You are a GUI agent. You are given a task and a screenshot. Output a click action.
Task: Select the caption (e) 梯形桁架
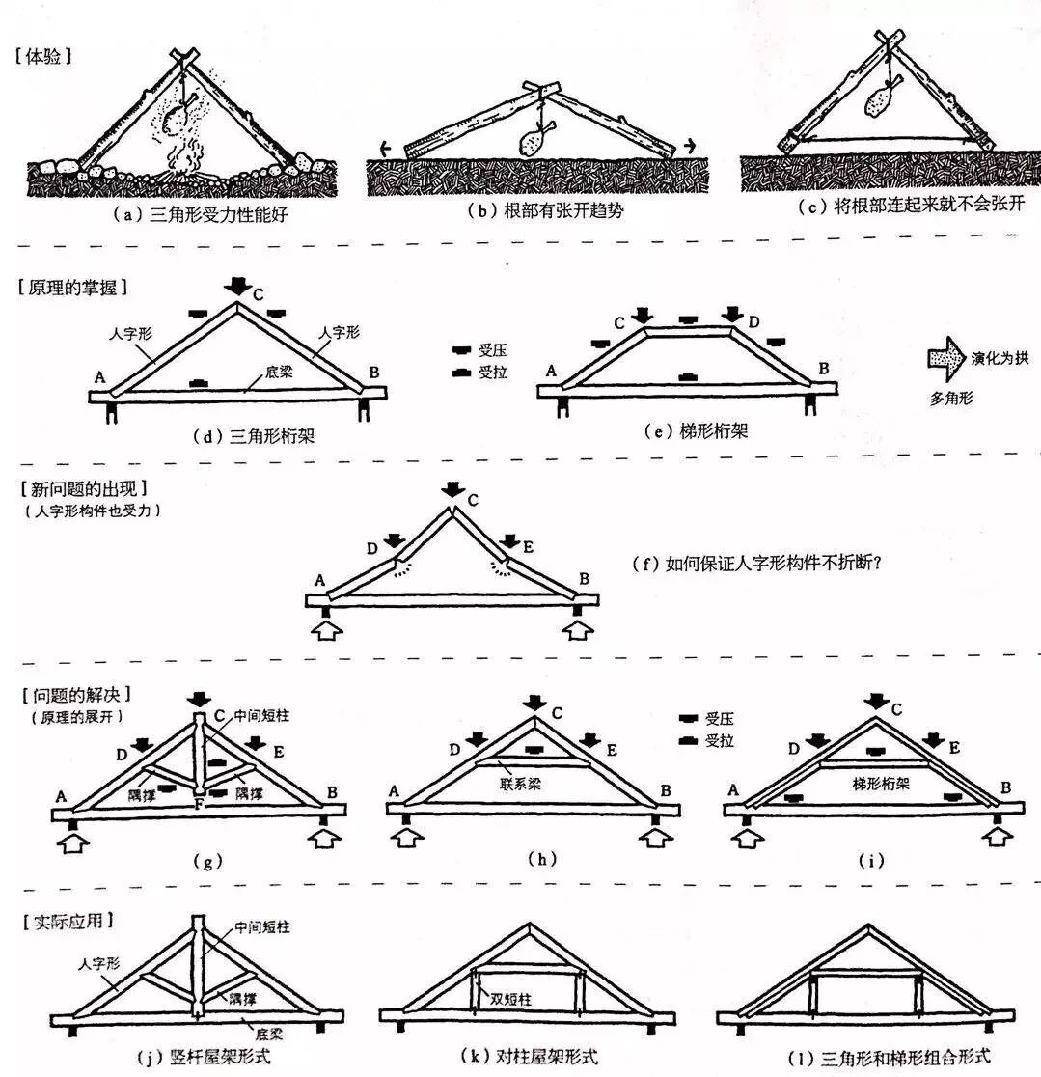[695, 433]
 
